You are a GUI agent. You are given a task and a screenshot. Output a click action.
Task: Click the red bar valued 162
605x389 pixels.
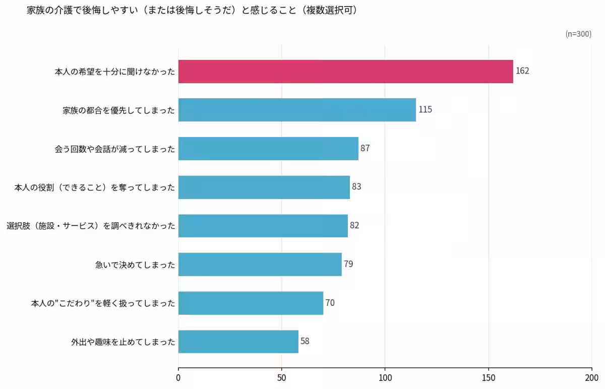point(345,72)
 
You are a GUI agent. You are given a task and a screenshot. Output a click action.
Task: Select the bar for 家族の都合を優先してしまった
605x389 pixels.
point(297,110)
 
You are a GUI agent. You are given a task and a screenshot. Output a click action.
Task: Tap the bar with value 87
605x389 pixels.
point(268,149)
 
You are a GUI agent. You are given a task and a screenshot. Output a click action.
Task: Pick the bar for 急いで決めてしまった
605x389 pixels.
point(260,264)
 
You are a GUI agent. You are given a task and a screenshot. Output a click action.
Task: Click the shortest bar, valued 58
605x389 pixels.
point(238,341)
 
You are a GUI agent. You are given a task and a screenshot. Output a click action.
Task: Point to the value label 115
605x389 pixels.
point(425,109)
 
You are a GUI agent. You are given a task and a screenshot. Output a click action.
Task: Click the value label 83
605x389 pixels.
point(356,187)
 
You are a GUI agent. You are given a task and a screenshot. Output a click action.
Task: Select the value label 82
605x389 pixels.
point(354,225)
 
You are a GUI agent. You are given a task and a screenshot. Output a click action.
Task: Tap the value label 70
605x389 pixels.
point(330,303)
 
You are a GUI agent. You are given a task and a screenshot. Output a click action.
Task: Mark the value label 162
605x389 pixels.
point(522,71)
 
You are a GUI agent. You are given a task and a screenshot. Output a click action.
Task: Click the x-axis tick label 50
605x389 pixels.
point(282,377)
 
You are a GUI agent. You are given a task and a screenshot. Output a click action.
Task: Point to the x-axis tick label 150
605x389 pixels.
point(488,377)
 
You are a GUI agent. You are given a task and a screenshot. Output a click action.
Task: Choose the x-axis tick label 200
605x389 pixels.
point(591,377)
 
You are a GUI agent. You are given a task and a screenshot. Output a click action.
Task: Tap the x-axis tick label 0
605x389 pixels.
point(178,377)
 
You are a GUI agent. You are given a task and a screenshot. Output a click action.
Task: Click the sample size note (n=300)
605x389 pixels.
point(578,34)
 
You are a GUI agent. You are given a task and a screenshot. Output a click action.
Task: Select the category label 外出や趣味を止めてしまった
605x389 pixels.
point(123,342)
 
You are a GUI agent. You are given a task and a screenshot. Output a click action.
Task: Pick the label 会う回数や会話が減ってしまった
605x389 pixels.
point(115,149)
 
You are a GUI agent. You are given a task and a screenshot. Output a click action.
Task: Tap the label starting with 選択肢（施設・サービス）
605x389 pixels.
point(91,226)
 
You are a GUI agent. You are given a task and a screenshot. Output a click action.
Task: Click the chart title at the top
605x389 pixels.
point(192,10)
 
